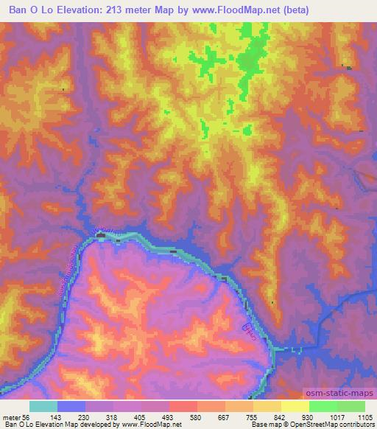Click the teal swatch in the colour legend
(43, 406)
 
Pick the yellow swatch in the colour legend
(295, 406)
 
